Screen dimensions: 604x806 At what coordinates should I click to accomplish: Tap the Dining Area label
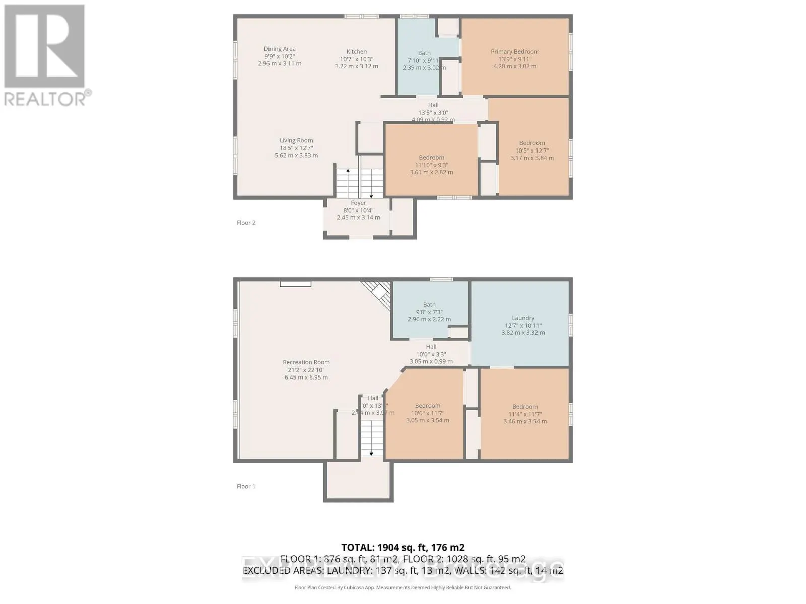click(x=280, y=56)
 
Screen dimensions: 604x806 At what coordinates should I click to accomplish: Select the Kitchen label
click(x=356, y=58)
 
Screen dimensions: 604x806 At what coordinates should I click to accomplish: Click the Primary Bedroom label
click(x=515, y=58)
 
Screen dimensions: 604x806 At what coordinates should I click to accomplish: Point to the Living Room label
click(x=296, y=148)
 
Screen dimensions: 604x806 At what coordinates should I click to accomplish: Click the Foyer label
click(x=358, y=210)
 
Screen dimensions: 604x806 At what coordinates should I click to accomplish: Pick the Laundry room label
click(x=523, y=325)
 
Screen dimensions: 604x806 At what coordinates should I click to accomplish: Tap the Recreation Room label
click(x=306, y=369)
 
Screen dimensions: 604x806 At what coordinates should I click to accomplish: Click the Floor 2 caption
click(x=246, y=223)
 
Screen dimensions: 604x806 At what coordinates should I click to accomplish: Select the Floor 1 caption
click(x=246, y=486)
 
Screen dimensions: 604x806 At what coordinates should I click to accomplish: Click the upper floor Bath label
click(x=424, y=60)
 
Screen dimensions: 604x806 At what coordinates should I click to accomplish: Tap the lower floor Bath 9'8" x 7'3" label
click(x=429, y=311)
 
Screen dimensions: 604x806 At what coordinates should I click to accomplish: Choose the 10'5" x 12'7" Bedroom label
click(x=532, y=150)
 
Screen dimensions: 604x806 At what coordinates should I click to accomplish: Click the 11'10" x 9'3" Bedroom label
click(x=431, y=164)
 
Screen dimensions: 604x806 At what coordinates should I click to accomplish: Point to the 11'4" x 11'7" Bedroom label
click(x=525, y=414)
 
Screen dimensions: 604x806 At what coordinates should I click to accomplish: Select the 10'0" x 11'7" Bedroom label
click(x=428, y=413)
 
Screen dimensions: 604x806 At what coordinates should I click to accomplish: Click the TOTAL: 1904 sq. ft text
click(x=403, y=547)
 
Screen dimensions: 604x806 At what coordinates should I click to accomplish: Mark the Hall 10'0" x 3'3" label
click(x=431, y=354)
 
